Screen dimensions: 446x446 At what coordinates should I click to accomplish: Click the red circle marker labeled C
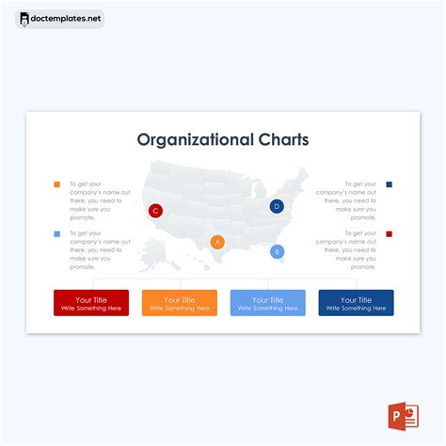point(155,211)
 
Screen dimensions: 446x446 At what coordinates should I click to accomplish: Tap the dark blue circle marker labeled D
point(277,206)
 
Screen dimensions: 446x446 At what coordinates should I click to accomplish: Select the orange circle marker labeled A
point(217,242)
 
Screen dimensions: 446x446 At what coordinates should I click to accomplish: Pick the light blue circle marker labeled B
point(277,251)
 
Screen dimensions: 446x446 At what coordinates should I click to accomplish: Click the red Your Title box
point(91,303)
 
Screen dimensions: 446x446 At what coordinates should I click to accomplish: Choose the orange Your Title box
point(179,303)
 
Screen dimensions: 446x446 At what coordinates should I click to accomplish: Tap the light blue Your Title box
point(267,303)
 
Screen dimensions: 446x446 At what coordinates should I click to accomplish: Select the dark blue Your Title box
point(356,303)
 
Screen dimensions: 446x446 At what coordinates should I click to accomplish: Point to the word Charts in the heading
point(283,140)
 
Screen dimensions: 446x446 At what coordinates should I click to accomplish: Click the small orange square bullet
point(56,184)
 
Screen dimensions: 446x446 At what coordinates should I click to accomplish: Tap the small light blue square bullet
point(56,233)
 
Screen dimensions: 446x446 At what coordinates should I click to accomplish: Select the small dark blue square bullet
point(390,184)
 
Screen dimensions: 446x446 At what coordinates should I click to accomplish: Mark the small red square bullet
point(390,233)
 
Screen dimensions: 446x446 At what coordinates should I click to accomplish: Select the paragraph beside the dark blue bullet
point(347,200)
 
